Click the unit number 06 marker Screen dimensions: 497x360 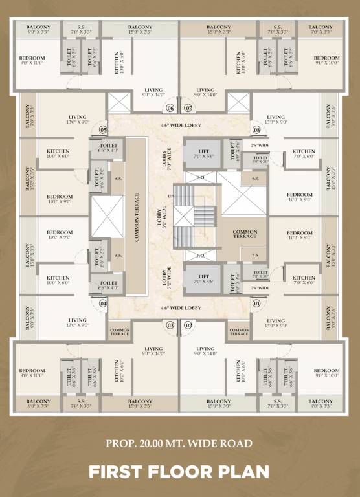171,108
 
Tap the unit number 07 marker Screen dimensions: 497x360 188,108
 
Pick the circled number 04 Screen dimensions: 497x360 103,302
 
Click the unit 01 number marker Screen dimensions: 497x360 256,302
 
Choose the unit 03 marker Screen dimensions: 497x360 171,325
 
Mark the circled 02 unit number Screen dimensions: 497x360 188,325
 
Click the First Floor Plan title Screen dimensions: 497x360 179,471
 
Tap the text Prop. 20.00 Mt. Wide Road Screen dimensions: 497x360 179,444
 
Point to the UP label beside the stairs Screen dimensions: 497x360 171,196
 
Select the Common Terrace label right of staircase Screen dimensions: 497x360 245,234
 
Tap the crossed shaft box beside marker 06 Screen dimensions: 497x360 120,102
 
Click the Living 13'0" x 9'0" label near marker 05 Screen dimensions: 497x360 78,120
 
